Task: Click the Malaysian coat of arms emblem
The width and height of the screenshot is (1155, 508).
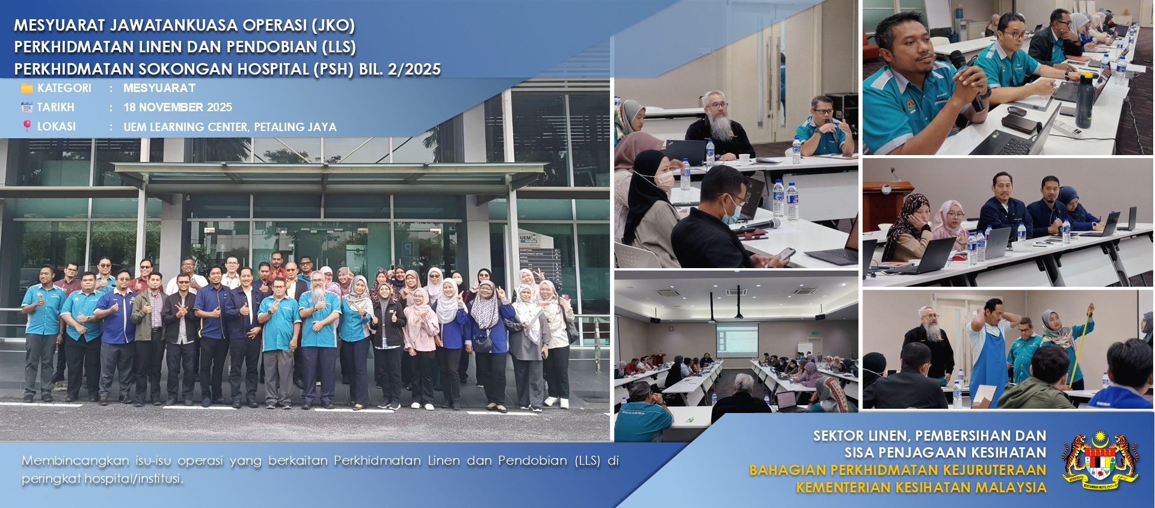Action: coord(1100,461)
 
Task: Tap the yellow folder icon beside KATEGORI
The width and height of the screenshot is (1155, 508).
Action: coord(27,88)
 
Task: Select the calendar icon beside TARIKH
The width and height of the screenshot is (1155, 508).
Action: coord(27,107)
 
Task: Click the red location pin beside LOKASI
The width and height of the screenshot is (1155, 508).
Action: coord(27,126)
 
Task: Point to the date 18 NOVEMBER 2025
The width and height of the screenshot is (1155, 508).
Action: coord(177,107)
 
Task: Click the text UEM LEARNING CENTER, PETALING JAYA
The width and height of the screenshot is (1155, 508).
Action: coord(230,127)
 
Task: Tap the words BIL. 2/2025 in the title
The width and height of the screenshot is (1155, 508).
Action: coord(400,69)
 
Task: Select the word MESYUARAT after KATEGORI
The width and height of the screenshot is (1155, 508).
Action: coord(159,88)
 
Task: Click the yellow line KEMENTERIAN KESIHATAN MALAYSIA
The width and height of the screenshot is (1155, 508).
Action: coord(921,487)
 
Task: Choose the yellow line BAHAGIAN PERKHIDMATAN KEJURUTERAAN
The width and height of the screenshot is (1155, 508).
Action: coord(898,470)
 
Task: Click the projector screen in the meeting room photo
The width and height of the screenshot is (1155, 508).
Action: coord(737,338)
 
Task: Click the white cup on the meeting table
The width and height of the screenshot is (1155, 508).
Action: coord(744,159)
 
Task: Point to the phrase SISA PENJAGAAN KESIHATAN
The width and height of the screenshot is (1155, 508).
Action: coord(945,452)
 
